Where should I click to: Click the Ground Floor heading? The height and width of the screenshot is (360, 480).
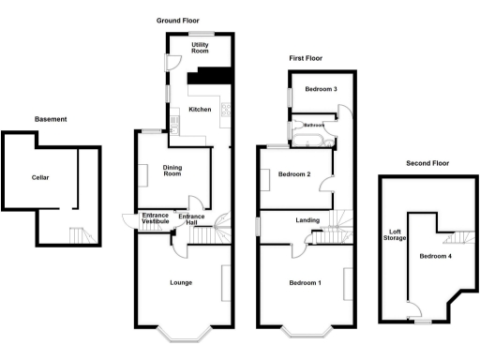(x=178, y=20)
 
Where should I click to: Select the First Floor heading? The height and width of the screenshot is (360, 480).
(x=306, y=58)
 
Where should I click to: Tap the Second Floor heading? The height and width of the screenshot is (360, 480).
(x=427, y=163)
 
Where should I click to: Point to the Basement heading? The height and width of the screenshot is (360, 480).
(x=51, y=119)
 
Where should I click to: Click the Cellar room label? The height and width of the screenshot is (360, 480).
(x=39, y=177)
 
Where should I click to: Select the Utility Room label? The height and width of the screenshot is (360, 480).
(x=200, y=48)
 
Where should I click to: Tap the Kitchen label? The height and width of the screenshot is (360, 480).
(x=201, y=110)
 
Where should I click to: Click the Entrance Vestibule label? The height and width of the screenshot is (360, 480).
(x=155, y=219)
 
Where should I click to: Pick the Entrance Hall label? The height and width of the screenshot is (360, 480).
(x=192, y=219)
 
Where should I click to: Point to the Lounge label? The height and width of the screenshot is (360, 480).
(x=181, y=282)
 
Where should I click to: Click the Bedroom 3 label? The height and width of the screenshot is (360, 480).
(x=321, y=89)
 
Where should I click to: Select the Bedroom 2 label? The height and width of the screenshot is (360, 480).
(x=293, y=174)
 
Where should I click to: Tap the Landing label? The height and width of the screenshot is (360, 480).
(x=308, y=221)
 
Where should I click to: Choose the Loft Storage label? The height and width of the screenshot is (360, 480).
(x=397, y=235)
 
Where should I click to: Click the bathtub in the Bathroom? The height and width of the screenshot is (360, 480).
(x=308, y=142)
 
